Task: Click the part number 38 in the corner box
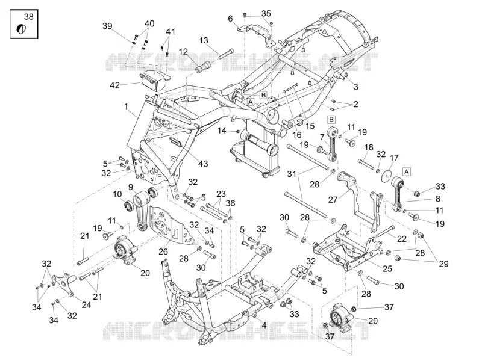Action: point(28,16)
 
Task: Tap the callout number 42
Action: point(115,85)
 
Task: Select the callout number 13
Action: point(204,40)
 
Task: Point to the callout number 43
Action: point(203,164)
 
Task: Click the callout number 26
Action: point(163,251)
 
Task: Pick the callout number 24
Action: point(86,305)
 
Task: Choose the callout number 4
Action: point(264,324)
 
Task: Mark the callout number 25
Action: point(387,268)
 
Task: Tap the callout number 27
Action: point(333,200)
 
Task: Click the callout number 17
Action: point(394,158)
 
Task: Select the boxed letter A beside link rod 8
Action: point(406,172)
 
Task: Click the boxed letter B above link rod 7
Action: point(331,119)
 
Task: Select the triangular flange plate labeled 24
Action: point(64,284)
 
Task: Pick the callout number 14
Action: point(222,131)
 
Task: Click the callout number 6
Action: point(231,19)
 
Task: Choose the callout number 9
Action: point(131,187)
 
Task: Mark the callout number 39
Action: point(107,26)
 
